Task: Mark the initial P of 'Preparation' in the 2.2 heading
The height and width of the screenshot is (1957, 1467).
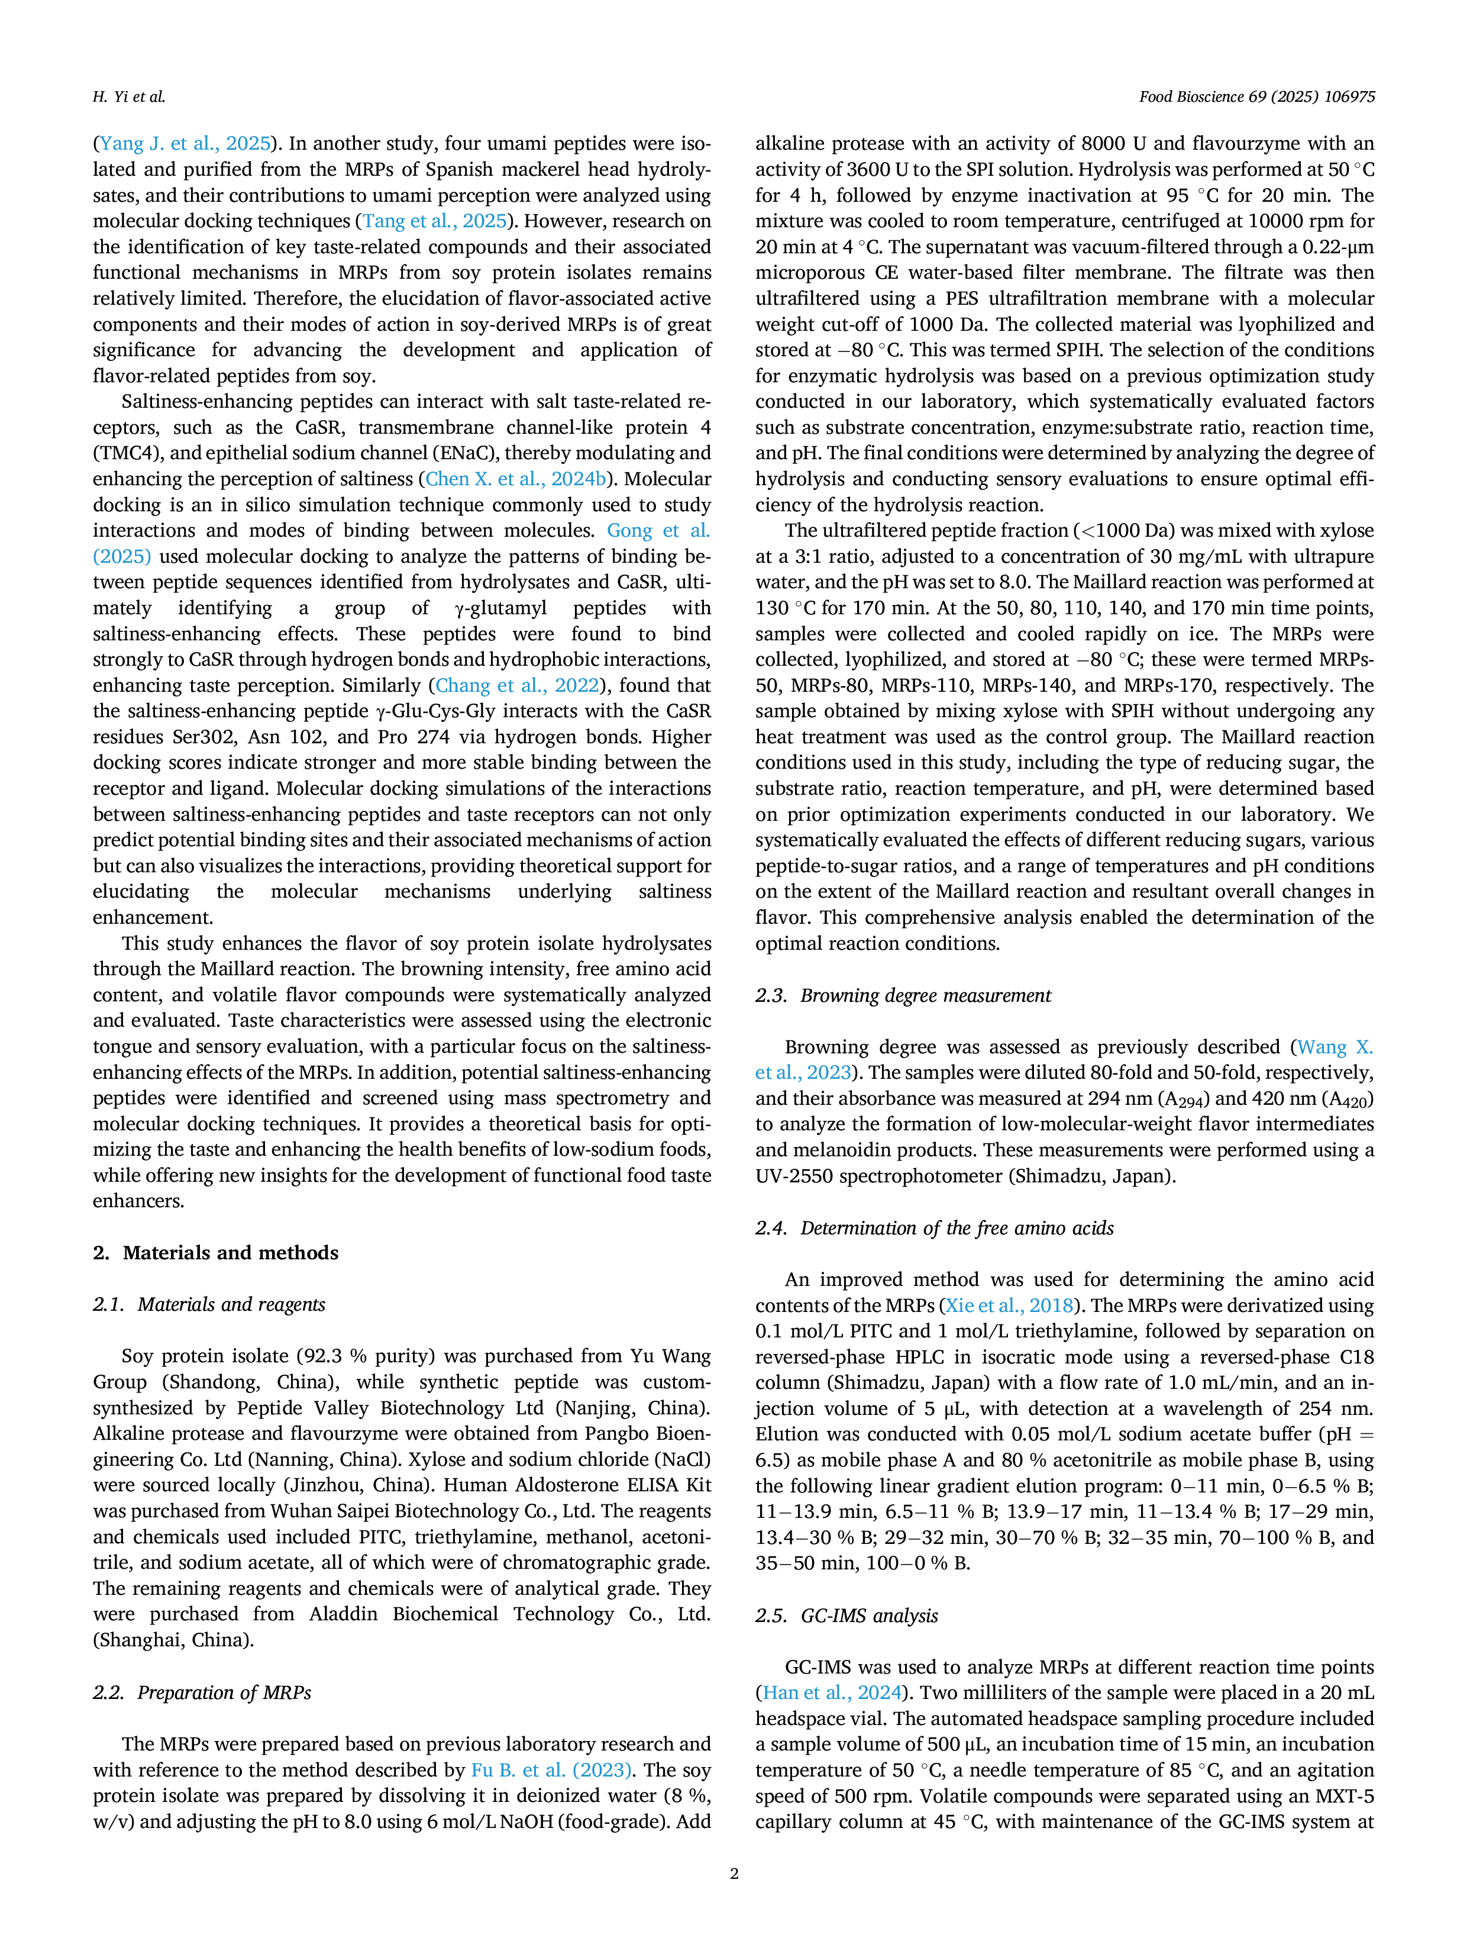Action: click(x=143, y=1692)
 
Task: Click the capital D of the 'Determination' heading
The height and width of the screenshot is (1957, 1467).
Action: click(x=808, y=1228)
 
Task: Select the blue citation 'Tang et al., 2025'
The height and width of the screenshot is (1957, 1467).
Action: click(x=435, y=221)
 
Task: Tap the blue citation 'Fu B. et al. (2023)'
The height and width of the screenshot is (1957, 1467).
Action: click(x=552, y=1771)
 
